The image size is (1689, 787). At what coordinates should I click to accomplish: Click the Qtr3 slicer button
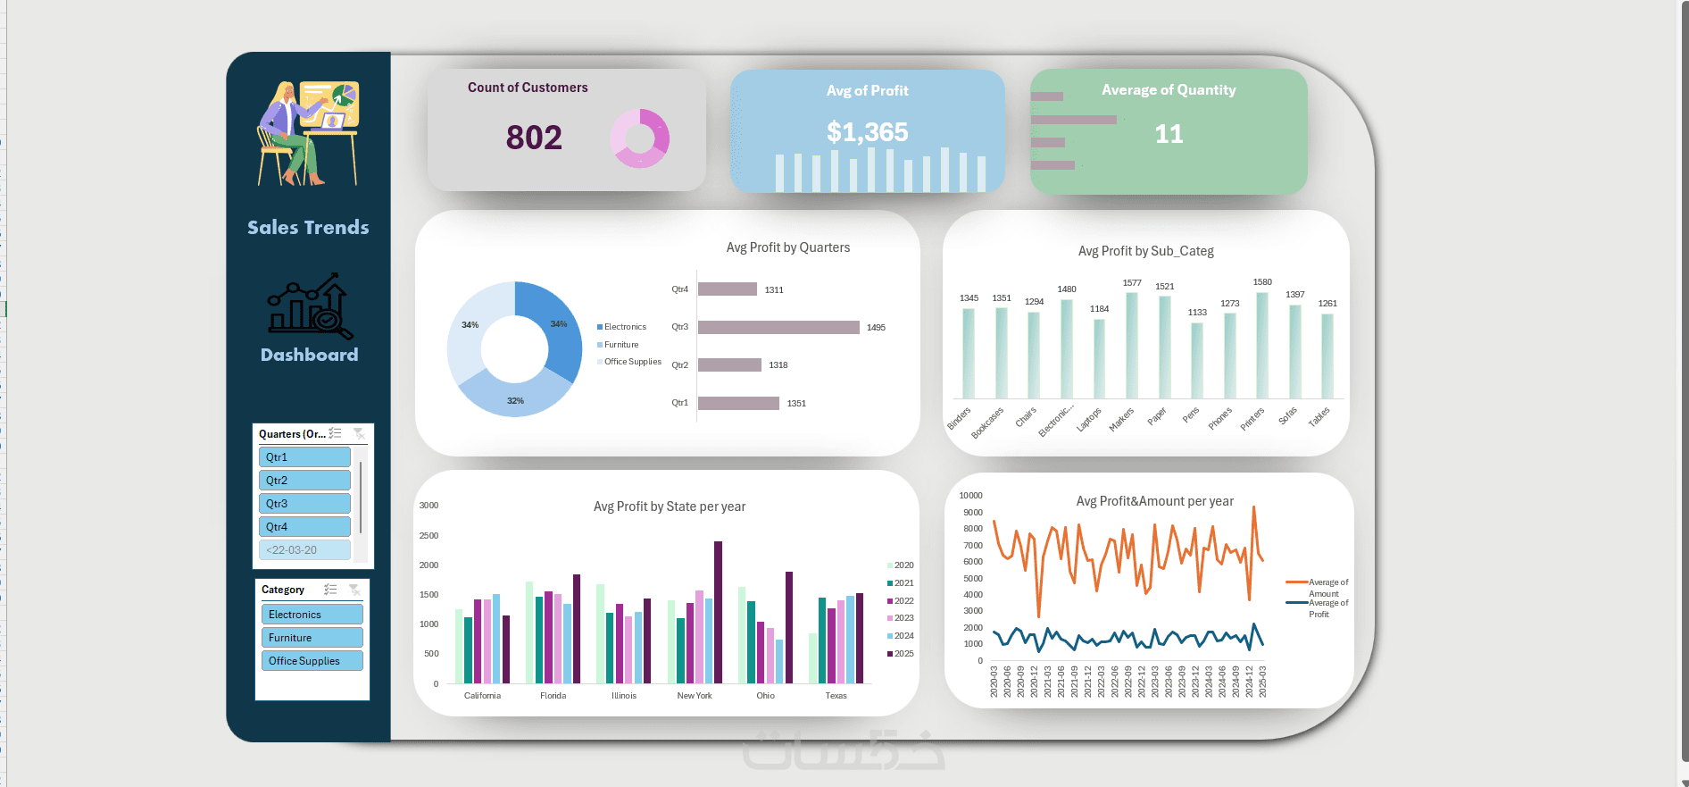tap(304, 504)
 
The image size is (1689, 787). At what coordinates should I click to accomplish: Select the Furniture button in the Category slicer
tap(312, 638)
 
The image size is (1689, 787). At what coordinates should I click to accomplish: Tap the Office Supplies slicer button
tap(312, 661)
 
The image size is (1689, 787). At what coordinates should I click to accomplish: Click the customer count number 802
tap(534, 138)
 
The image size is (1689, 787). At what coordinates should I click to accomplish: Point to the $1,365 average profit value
tap(867, 132)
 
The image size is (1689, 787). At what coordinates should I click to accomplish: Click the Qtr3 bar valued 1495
tap(778, 328)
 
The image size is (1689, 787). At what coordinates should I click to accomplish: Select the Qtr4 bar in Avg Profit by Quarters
tap(727, 289)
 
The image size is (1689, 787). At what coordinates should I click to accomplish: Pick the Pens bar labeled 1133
tap(1197, 360)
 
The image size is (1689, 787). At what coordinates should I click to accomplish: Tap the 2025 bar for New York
tap(718, 612)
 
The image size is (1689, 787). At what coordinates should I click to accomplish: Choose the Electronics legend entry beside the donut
tap(624, 327)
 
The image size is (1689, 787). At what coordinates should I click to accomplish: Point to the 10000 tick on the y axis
tap(970, 496)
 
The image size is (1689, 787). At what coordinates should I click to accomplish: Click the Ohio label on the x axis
tap(765, 696)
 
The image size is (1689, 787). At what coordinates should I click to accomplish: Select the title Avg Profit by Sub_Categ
tap(1145, 251)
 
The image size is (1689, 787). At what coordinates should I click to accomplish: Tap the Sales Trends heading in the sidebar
tap(308, 228)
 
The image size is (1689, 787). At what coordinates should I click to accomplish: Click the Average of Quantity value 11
tap(1169, 134)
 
